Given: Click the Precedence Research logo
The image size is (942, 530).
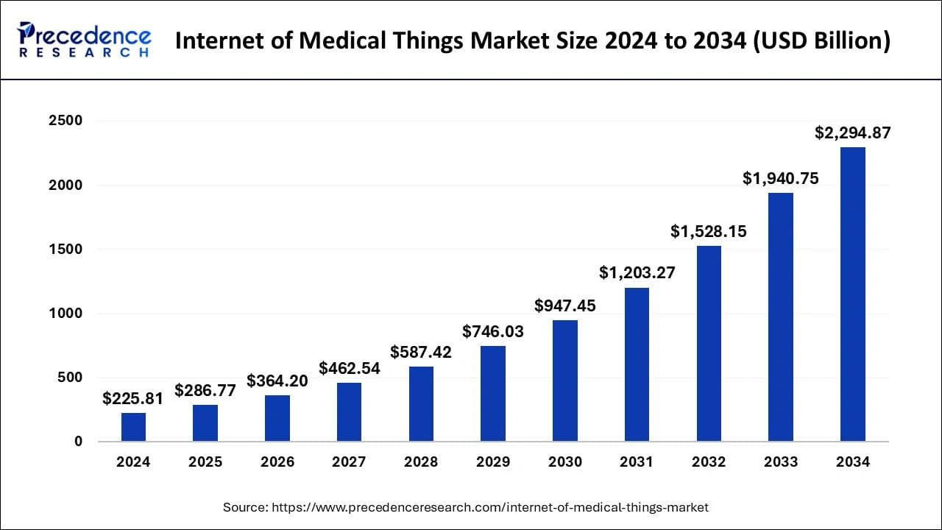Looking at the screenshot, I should click(85, 40).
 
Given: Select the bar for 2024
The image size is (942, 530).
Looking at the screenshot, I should click(133, 427).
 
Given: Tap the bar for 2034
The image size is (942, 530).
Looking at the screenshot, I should click(853, 294).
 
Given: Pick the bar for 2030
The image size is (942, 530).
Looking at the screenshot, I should click(565, 381).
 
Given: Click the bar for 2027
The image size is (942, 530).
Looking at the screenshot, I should click(349, 411).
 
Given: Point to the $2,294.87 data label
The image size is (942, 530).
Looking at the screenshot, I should click(853, 133).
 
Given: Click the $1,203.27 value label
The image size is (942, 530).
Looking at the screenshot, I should click(637, 273).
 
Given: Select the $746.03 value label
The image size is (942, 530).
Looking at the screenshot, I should click(493, 331).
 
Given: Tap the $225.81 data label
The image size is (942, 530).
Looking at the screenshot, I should click(133, 398).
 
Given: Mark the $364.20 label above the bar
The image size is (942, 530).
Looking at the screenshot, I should click(277, 381).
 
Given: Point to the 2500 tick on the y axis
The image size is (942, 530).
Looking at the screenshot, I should click(66, 121).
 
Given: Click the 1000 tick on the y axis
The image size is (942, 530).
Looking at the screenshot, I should click(66, 314).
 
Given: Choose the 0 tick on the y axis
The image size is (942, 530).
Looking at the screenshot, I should click(77, 442).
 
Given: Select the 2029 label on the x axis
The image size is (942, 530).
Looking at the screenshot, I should click(493, 462).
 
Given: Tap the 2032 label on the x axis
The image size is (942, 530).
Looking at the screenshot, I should click(709, 462).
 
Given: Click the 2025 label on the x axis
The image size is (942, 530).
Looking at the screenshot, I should click(205, 462).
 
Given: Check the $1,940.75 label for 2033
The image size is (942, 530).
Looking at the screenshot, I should click(781, 178).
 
